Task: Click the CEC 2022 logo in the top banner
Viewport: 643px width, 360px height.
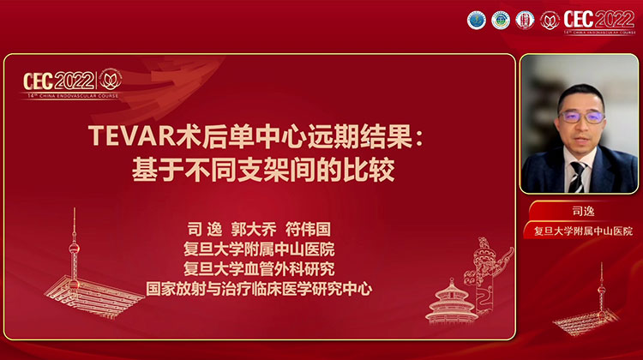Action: click(598, 20)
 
